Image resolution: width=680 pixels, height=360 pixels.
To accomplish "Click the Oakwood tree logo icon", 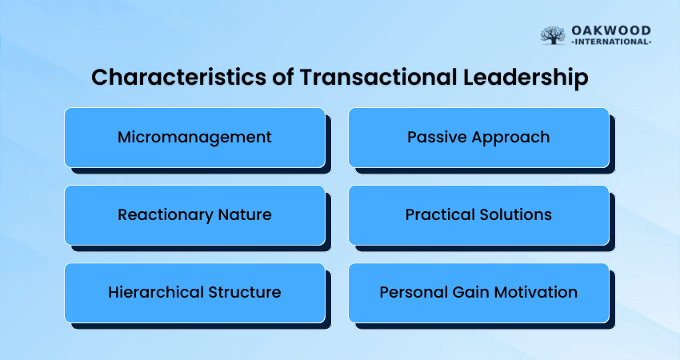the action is click(553, 35).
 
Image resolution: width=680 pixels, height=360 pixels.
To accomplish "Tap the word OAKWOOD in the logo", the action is click(611, 30).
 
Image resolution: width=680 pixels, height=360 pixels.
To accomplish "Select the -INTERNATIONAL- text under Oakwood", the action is click(611, 42).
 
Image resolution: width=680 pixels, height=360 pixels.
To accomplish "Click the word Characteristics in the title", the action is click(178, 78).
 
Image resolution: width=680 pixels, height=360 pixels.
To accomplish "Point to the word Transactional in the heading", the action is click(378, 78).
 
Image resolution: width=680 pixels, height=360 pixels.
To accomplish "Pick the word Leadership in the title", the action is click(526, 78).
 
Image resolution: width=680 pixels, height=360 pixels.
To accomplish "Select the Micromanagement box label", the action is click(194, 138).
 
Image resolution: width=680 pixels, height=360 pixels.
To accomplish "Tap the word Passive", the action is click(437, 137).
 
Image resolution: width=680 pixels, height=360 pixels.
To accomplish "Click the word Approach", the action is click(511, 138).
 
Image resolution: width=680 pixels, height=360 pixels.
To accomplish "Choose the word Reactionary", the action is click(165, 215).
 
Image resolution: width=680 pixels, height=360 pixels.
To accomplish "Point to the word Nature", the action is click(245, 214).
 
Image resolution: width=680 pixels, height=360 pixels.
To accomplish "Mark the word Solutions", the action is click(516, 214).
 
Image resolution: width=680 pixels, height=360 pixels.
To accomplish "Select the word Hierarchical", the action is click(156, 292).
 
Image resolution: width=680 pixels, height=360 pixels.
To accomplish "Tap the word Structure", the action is click(245, 292).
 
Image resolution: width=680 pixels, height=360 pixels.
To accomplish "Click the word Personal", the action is click(414, 292).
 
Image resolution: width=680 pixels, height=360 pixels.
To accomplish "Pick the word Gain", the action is click(470, 292).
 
